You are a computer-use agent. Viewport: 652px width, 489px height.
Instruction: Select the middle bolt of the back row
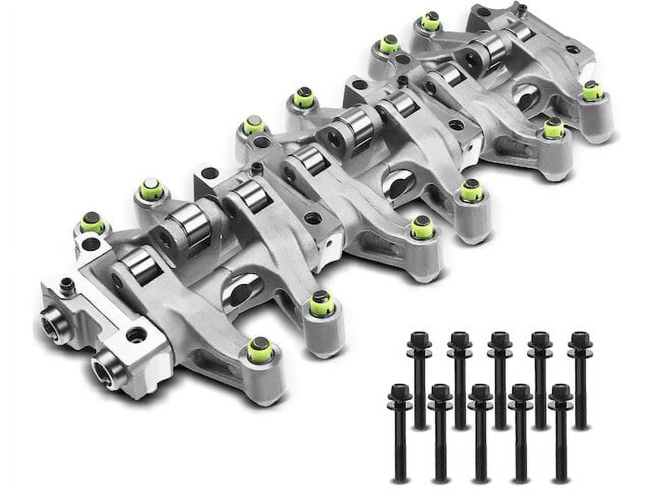pyautogui.click(x=499, y=340)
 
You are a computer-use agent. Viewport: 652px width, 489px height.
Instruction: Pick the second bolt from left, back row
pyautogui.click(x=458, y=340)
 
